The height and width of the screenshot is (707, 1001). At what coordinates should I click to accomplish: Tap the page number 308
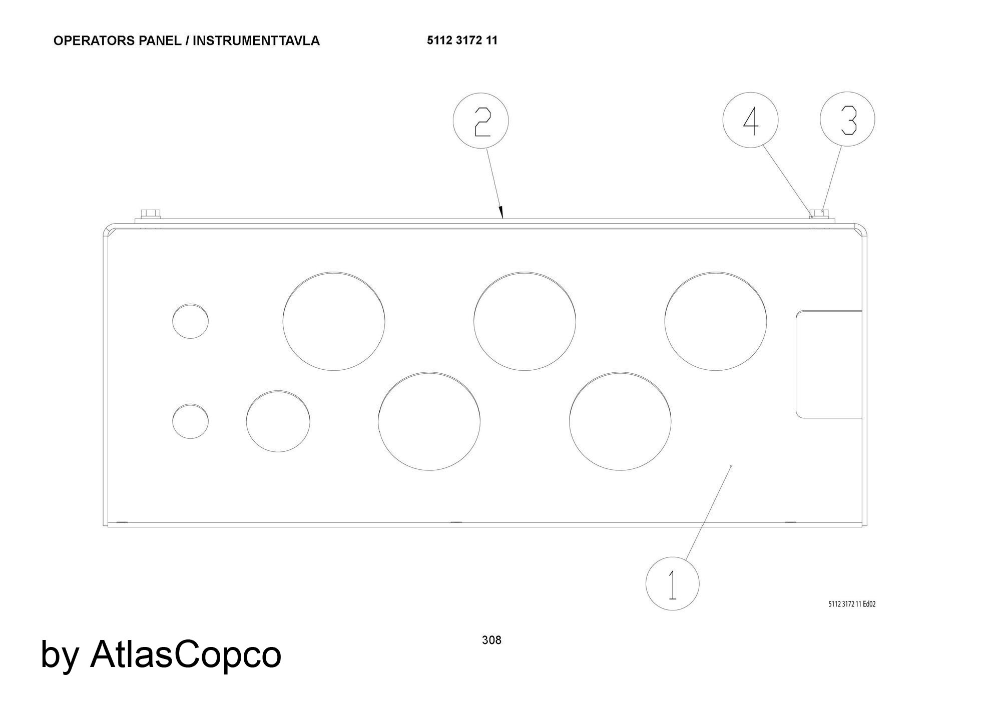(491, 640)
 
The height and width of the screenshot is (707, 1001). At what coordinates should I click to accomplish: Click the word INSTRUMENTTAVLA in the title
(256, 41)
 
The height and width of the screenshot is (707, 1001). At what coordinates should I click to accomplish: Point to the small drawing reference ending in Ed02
(852, 604)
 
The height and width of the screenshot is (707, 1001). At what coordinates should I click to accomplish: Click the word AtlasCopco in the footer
(186, 653)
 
